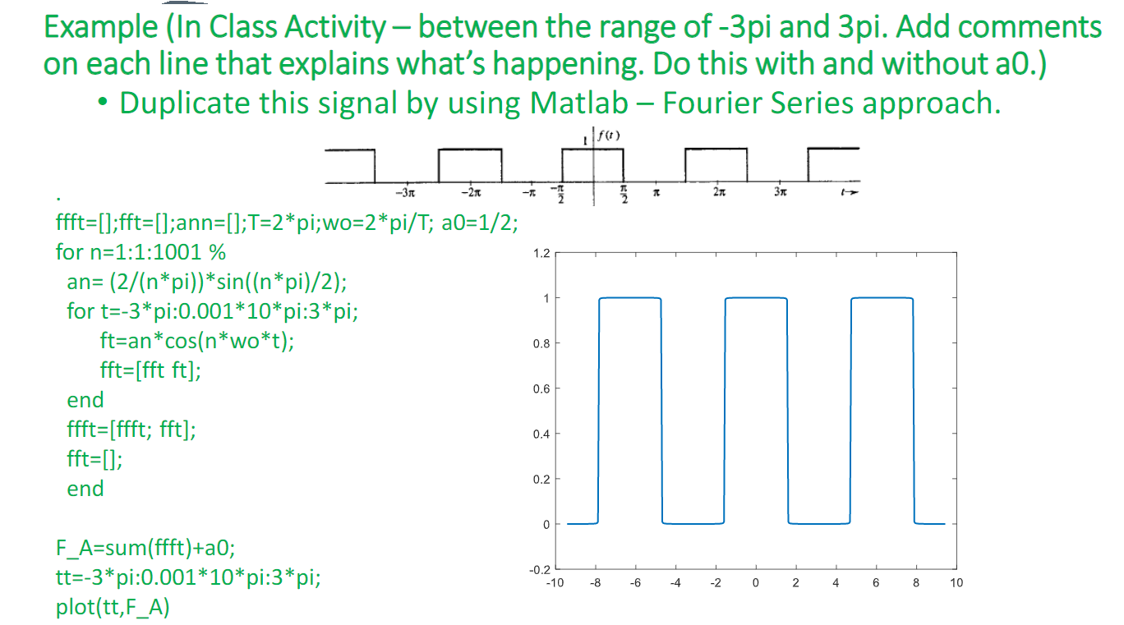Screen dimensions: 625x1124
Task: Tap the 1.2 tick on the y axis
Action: pyautogui.click(x=541, y=253)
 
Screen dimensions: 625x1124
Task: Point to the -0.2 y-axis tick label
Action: pyautogui.click(x=539, y=569)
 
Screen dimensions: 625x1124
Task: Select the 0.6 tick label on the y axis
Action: pyautogui.click(x=541, y=388)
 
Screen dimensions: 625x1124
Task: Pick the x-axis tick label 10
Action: pyautogui.click(x=956, y=583)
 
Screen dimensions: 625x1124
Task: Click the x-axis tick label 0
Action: pyautogui.click(x=755, y=583)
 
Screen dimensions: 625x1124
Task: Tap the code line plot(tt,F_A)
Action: pyautogui.click(x=113, y=609)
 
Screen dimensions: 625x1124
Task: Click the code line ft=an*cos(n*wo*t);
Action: pyautogui.click(x=196, y=341)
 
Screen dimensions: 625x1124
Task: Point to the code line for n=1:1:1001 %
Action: pyautogui.click(x=140, y=251)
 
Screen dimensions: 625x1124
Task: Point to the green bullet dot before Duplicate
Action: pyautogui.click(x=101, y=104)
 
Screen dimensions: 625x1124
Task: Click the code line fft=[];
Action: pyautogui.click(x=95, y=458)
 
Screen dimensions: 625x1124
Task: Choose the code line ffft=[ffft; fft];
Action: pyautogui.click(x=131, y=429)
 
